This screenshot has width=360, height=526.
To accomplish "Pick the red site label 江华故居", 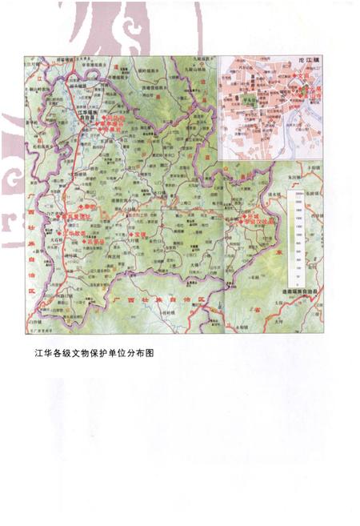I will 74,234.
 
